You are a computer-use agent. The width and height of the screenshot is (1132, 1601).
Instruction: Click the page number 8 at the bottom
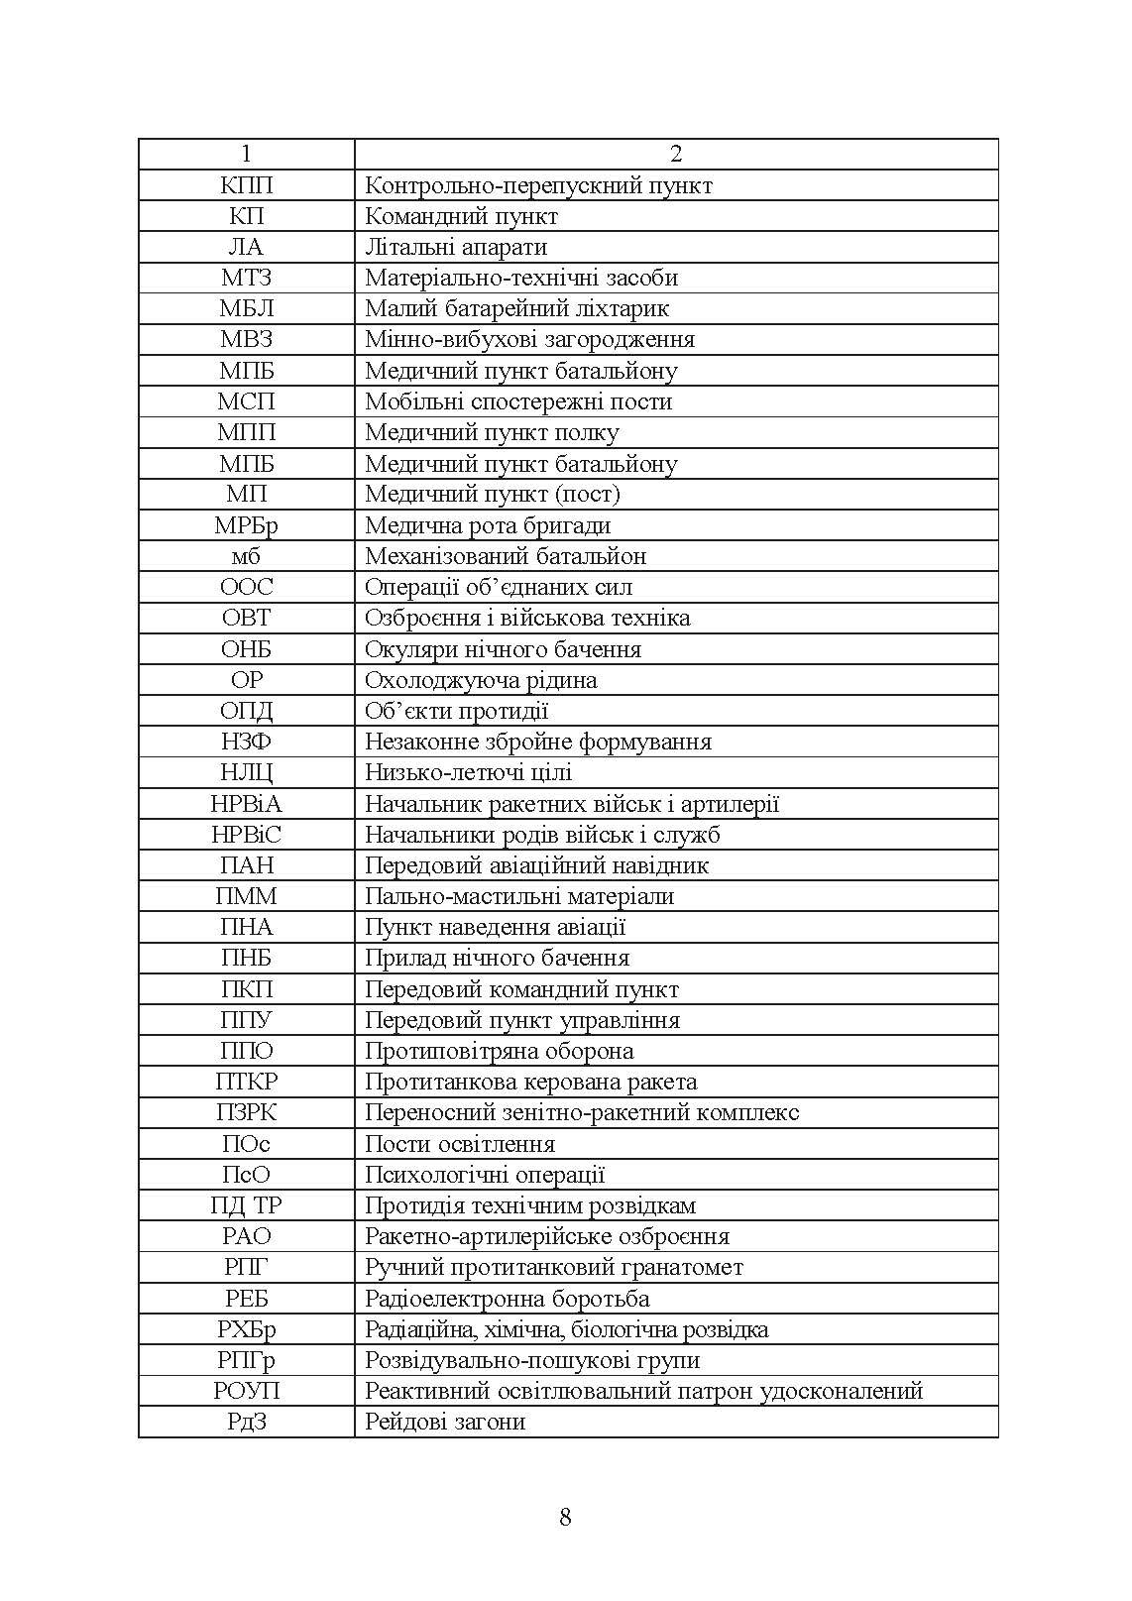[565, 1517]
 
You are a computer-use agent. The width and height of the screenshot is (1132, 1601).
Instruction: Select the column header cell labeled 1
[246, 154]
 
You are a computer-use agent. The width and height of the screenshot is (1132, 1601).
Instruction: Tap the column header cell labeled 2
[676, 154]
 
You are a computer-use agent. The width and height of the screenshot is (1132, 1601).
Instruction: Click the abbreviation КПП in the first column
[246, 185]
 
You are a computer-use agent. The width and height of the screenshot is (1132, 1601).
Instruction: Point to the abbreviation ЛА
[246, 247]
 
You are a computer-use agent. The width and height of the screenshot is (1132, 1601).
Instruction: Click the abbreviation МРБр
[246, 525]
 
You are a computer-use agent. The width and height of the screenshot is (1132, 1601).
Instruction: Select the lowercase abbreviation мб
[246, 556]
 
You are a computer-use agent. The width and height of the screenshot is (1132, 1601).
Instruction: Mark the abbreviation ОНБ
[246, 649]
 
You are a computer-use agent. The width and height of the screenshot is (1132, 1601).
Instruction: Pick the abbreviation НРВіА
[246, 804]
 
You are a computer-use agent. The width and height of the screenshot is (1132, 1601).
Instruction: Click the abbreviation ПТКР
[246, 1082]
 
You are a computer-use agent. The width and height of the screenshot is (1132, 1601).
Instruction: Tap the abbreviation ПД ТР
[246, 1205]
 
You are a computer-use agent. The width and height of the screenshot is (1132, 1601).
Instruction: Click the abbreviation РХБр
[246, 1329]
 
